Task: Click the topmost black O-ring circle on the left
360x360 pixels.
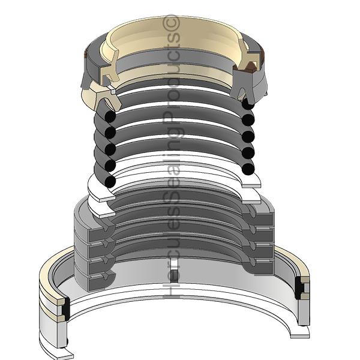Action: click(110, 116)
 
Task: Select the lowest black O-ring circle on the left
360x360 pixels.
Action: click(110, 181)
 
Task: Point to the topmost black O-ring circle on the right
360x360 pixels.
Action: click(248, 103)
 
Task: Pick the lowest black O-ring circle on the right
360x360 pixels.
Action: click(248, 169)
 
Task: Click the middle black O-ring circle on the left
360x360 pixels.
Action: click(110, 149)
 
